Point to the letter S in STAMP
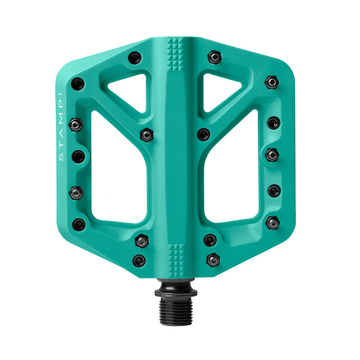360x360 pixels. (62, 157)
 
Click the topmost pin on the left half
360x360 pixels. (134, 58)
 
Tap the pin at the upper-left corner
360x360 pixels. (78, 84)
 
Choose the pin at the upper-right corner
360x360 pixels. (271, 82)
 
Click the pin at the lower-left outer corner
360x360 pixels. (79, 224)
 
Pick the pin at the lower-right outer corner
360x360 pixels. (272, 222)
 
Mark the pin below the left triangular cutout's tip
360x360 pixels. (146, 134)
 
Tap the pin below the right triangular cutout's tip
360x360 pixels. (203, 134)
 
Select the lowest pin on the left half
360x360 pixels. (139, 260)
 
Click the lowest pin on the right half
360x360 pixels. (213, 260)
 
